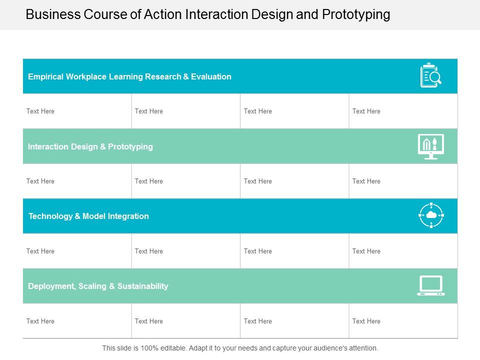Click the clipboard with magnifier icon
pos(430,75)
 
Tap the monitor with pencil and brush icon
pos(430,146)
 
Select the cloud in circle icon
pos(430,215)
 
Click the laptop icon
pos(430,285)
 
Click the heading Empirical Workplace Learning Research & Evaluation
pos(129,76)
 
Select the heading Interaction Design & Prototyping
pos(90,146)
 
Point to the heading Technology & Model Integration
pos(88,216)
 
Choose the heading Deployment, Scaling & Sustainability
pos(98,286)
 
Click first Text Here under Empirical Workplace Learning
pos(40,111)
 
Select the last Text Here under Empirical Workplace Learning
pos(366,111)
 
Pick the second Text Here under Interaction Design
pos(148,181)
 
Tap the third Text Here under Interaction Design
pos(257,181)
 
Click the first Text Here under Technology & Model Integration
pos(40,251)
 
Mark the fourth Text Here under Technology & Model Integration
pos(366,251)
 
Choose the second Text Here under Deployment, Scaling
pos(148,321)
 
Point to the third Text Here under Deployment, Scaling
pos(257,321)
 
